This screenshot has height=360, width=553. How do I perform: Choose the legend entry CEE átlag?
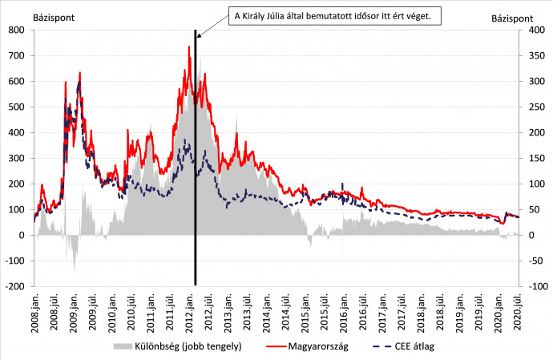(416, 346)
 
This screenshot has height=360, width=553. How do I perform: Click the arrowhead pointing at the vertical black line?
(198, 34)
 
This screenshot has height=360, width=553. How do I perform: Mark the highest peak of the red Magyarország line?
(189, 47)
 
